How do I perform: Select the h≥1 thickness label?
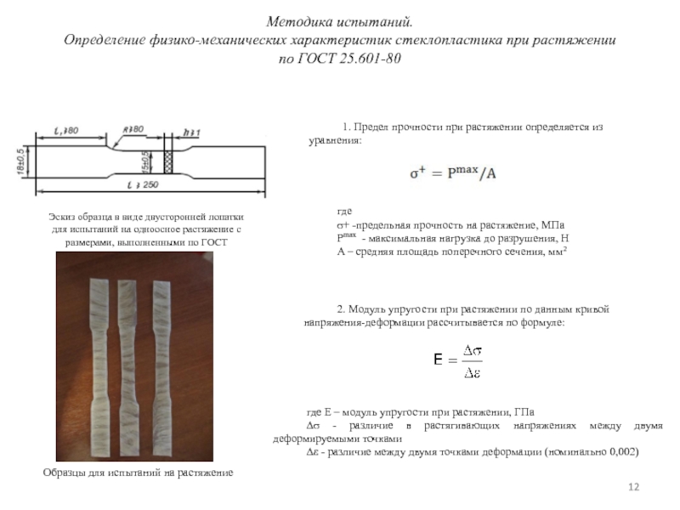pos(190,131)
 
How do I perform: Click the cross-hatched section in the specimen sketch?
pos(167,161)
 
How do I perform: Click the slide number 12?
pos(632,485)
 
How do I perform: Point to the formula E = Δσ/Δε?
pos(459,360)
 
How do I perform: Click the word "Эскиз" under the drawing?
pos(63,218)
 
